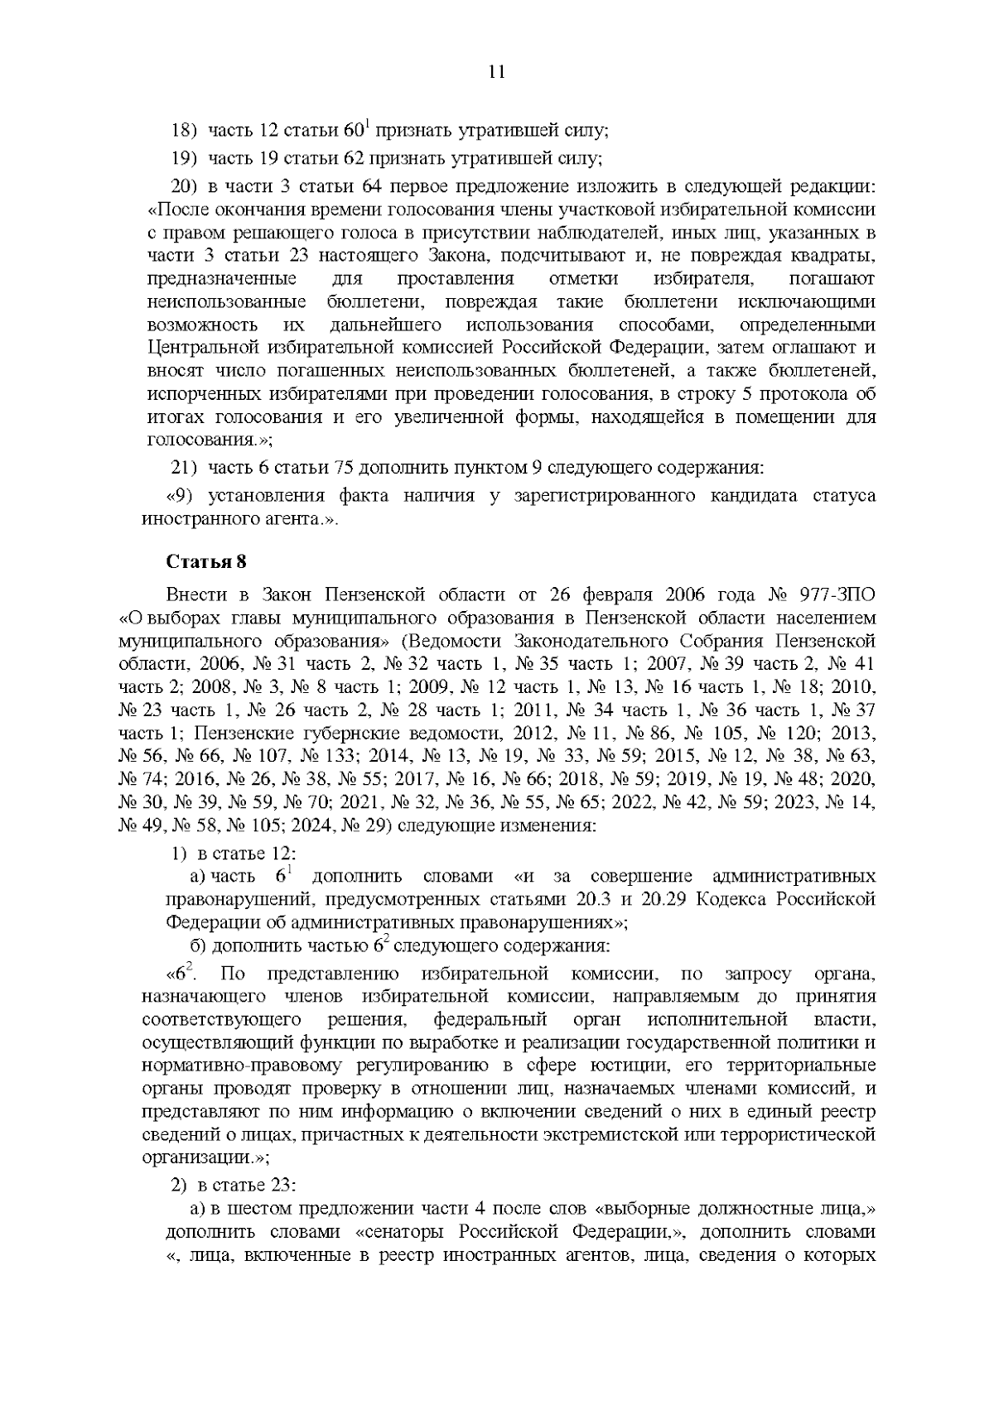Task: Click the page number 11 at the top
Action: coord(497,71)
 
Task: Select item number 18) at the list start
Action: coord(182,131)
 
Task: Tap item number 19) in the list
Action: coord(182,156)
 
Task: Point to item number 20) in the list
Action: coord(182,183)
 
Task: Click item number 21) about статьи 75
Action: coord(182,468)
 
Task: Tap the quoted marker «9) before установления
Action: coord(181,496)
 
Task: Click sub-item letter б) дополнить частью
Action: coord(200,945)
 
